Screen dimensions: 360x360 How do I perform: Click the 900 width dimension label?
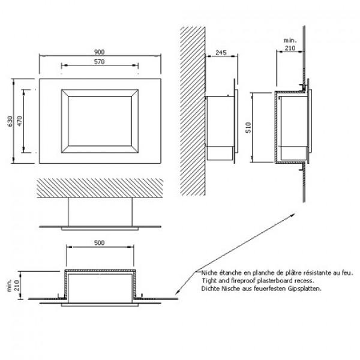pos(99,52)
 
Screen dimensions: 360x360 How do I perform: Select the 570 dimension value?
pos(99,62)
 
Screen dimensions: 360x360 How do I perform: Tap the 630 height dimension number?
pos(10,121)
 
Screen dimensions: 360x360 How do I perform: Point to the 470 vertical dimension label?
pos(20,121)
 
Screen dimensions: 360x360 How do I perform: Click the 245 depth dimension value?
pos(221,53)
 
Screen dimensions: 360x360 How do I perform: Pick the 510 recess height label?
pos(248,127)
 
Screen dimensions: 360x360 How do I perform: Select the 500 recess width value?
pos(99,242)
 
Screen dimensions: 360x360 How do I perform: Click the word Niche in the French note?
pos(209,273)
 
